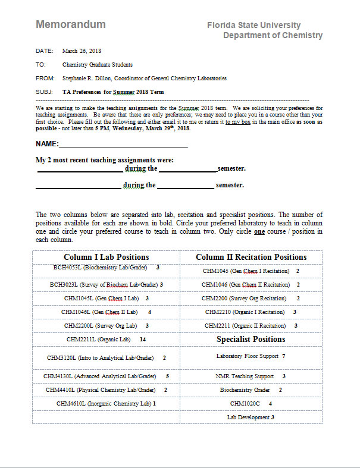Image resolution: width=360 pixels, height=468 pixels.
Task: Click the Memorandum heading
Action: [x=71, y=24]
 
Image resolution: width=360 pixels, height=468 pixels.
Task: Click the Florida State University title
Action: [x=253, y=25]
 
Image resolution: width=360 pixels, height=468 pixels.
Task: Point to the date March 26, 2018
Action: [x=82, y=51]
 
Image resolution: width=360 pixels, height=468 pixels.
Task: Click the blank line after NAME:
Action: [x=123, y=144]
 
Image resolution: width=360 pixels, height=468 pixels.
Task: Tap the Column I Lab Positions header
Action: [x=107, y=257]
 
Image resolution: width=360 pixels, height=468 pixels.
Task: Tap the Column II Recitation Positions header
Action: [x=251, y=257]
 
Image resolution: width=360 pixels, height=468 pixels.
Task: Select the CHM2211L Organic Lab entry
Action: [x=99, y=339]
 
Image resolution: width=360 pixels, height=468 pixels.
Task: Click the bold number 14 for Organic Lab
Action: [x=142, y=339]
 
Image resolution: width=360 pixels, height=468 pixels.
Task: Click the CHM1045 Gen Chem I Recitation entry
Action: [x=246, y=271]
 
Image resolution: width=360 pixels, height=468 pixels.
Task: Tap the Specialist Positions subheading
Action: [x=251, y=339]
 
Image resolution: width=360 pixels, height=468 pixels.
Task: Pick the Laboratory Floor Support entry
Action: [x=247, y=356]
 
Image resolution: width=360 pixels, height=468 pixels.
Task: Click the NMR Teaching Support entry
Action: [x=245, y=376]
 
